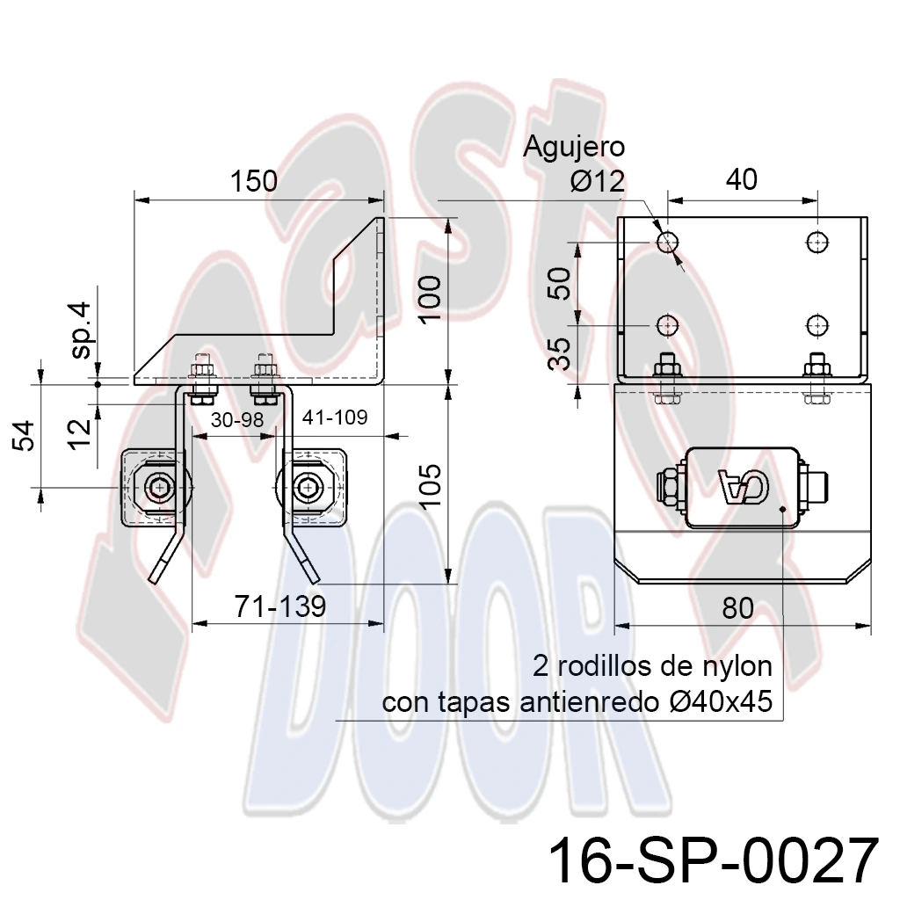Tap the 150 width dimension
pos(254,181)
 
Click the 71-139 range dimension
pos(280,606)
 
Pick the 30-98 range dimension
pos(237,420)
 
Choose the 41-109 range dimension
pos(335,417)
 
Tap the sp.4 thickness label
pos(82,330)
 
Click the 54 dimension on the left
pos(25,436)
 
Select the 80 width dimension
pos(737,608)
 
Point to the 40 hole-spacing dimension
pos(742,179)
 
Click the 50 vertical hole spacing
pos(560,284)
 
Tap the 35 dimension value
pos(560,353)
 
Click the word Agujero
pos(573,148)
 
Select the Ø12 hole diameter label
pos(598,182)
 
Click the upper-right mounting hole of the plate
pos(817,242)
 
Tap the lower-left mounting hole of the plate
pos(667,325)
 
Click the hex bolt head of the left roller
pos(157,488)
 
